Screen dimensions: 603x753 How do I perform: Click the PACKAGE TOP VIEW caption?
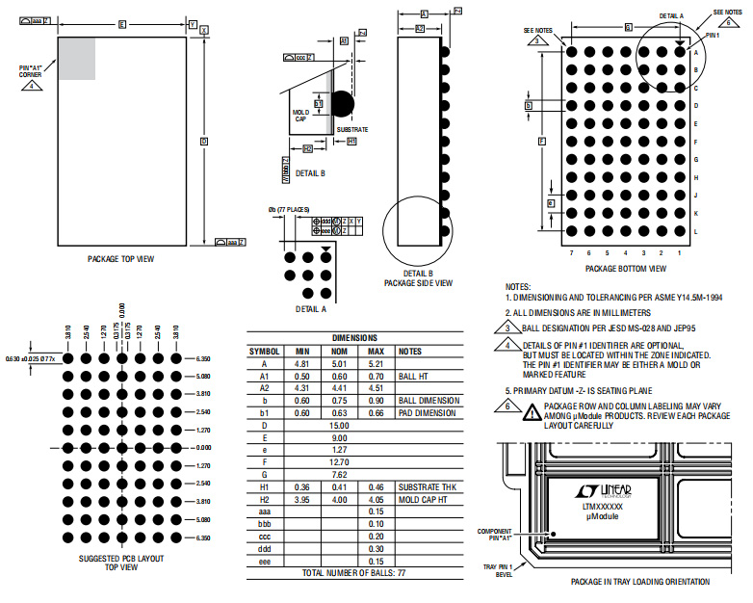click(120, 258)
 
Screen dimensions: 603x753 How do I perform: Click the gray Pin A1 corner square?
click(77, 59)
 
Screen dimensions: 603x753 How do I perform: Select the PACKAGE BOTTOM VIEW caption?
click(624, 268)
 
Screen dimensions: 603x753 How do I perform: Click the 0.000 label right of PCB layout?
click(203, 448)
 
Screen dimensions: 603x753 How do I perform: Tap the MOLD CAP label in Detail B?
click(299, 116)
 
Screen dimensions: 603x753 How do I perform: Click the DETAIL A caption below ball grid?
click(310, 309)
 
